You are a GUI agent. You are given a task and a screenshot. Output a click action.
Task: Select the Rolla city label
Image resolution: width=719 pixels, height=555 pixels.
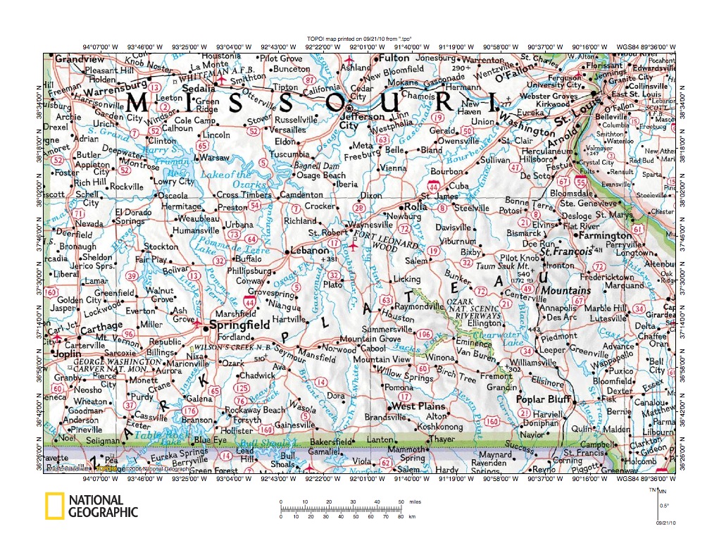coord(415,207)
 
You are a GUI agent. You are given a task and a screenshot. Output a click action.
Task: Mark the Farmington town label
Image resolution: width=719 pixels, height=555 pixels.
coord(604,235)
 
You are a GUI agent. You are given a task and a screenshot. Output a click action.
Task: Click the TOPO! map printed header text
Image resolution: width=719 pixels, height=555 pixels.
coord(359,39)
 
